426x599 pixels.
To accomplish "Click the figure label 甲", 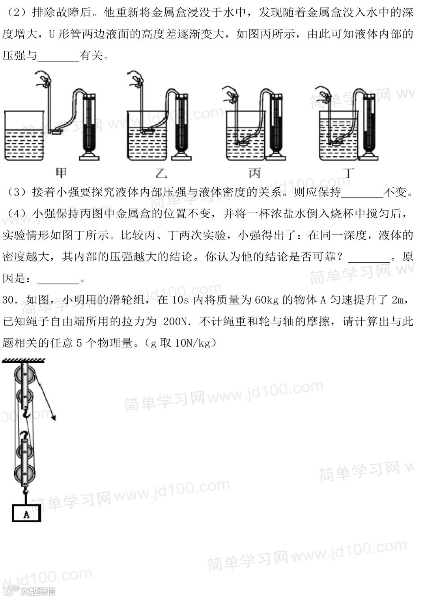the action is click(61, 172).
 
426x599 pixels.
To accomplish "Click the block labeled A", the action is click(26, 514).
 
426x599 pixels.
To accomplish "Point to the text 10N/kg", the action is click(194, 343).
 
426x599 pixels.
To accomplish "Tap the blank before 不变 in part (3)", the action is click(362, 193).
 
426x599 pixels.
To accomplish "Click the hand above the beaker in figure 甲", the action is click(42, 79).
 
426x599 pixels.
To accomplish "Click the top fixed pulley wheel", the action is click(24, 373).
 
